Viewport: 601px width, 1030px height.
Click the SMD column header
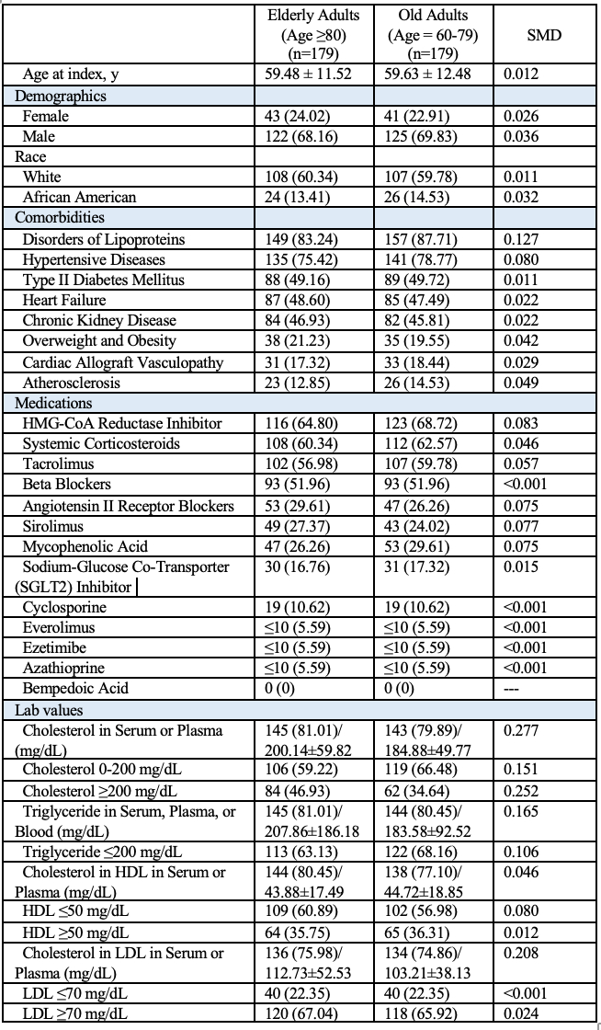[x=544, y=36]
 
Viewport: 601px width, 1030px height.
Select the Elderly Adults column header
[x=313, y=36]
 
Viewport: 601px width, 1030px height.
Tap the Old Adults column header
[x=434, y=36]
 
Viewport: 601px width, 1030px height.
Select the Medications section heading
[x=53, y=402]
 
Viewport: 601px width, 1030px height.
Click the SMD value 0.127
[x=522, y=239]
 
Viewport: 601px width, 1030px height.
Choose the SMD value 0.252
[x=522, y=789]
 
